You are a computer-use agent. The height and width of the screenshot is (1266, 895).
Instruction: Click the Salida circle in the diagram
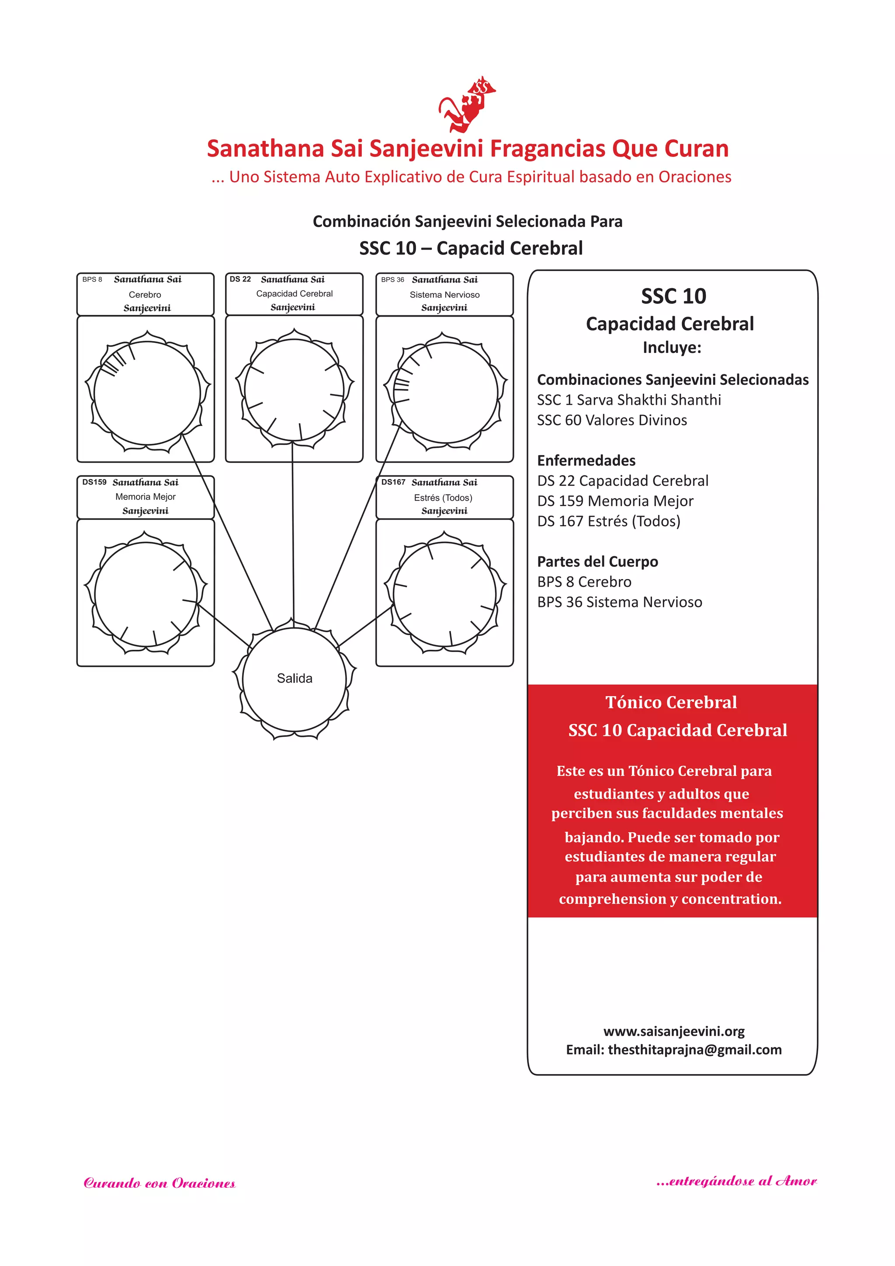point(294,679)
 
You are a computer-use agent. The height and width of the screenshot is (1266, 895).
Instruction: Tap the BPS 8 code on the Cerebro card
point(92,279)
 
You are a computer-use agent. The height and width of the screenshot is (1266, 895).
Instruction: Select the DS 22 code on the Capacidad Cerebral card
point(240,279)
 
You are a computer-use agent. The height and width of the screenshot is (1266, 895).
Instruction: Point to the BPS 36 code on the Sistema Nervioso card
point(392,279)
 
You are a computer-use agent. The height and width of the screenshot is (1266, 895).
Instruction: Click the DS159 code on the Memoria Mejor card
point(94,482)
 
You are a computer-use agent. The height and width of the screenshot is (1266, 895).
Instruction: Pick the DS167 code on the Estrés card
point(393,482)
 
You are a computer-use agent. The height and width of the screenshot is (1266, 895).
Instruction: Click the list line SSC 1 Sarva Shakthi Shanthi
point(629,400)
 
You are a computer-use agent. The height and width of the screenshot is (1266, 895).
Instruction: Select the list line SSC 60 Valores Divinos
point(612,420)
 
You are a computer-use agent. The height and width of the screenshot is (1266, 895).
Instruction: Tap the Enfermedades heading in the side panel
point(586,460)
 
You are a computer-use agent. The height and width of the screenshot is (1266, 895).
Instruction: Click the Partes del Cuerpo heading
point(597,562)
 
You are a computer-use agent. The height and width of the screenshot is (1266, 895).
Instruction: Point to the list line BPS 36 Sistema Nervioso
point(619,602)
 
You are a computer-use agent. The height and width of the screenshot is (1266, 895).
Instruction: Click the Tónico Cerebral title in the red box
point(671,702)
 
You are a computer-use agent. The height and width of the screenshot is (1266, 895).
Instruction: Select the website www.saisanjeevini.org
point(673,1031)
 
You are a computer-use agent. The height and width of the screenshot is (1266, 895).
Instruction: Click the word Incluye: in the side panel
point(672,347)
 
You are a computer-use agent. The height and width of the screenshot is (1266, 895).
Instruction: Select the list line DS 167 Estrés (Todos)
point(608,521)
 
